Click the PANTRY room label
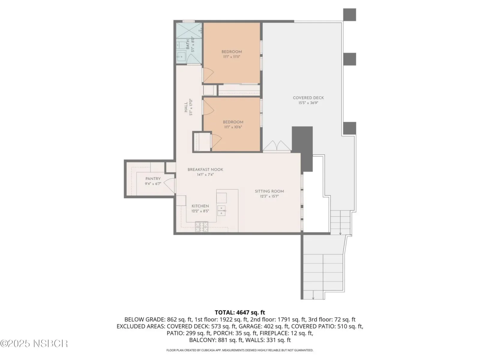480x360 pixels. click(x=153, y=178)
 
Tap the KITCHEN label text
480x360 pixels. click(x=200, y=206)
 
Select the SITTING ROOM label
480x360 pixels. click(x=269, y=191)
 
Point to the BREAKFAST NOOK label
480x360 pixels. click(x=205, y=169)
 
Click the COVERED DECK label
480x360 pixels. click(x=308, y=98)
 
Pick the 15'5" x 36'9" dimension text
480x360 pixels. click(x=308, y=103)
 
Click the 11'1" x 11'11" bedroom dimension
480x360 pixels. click(x=232, y=57)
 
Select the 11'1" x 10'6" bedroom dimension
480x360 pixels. click(x=233, y=127)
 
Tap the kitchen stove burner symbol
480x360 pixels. click(x=201, y=226)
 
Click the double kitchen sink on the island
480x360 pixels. click(x=221, y=211)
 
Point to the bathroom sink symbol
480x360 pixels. click(x=181, y=57)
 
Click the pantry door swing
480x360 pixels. click(x=170, y=185)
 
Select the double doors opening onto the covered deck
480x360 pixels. click(x=277, y=146)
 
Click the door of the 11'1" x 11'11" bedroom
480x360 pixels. click(x=208, y=75)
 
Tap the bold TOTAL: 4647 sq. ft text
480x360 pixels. click(x=240, y=312)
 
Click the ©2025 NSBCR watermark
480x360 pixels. click(x=34, y=343)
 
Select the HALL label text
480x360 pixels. click(x=186, y=107)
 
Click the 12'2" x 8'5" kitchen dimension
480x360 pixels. click(x=200, y=211)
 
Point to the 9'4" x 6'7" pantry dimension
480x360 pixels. click(x=153, y=184)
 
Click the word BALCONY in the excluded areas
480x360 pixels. click(x=202, y=340)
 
